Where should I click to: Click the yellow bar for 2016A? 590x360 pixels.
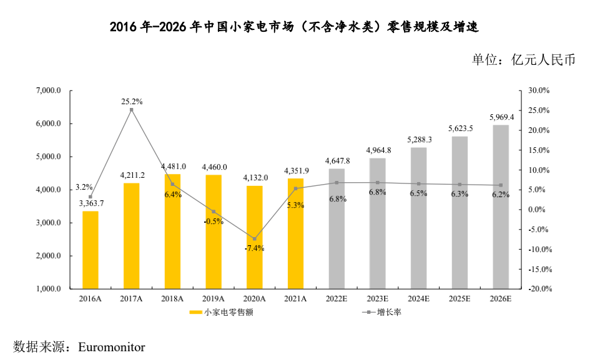click(91, 250)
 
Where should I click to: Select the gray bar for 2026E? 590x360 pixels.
click(501, 207)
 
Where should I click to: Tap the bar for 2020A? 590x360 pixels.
click(255, 237)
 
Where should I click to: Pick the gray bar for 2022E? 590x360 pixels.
click(337, 228)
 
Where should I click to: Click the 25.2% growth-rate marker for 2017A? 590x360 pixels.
click(131, 110)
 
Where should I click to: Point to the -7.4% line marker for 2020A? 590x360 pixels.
click(255, 239)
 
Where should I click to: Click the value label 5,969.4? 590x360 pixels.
click(501, 117)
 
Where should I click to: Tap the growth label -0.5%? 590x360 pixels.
click(214, 221)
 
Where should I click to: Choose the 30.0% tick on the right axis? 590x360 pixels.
click(538, 91)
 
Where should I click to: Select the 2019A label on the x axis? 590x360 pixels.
click(214, 299)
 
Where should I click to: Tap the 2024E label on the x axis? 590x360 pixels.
click(418, 299)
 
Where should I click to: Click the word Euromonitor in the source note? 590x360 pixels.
click(112, 346)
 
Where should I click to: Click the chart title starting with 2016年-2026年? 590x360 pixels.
click(294, 27)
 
